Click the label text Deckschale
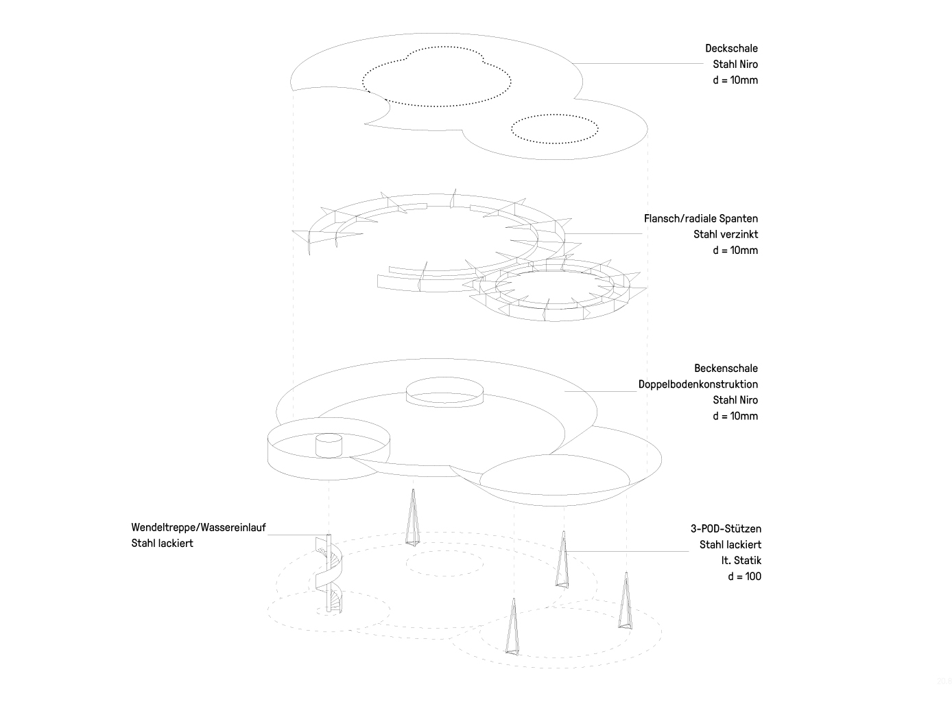pyautogui.click(x=731, y=48)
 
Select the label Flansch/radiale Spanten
pyautogui.click(x=700, y=218)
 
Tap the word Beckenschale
pyautogui.click(x=726, y=368)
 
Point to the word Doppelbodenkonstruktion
pyautogui.click(x=698, y=384)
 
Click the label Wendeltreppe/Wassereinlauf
pyautogui.click(x=198, y=527)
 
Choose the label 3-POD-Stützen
pyautogui.click(x=726, y=528)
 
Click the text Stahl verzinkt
pyautogui.click(x=725, y=234)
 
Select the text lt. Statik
pyautogui.click(x=741, y=560)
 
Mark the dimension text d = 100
pyautogui.click(x=744, y=576)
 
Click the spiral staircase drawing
pyautogui.click(x=329, y=573)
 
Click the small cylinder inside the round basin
pyautogui.click(x=329, y=445)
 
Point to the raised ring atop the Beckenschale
pyautogui.click(x=444, y=392)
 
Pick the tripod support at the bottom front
pyautogui.click(x=512, y=627)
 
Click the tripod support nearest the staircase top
pyautogui.click(x=413, y=517)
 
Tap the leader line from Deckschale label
pyautogui.click(x=638, y=63)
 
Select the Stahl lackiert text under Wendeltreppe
pyautogui.click(x=162, y=543)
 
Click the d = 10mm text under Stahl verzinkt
pyautogui.click(x=735, y=250)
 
